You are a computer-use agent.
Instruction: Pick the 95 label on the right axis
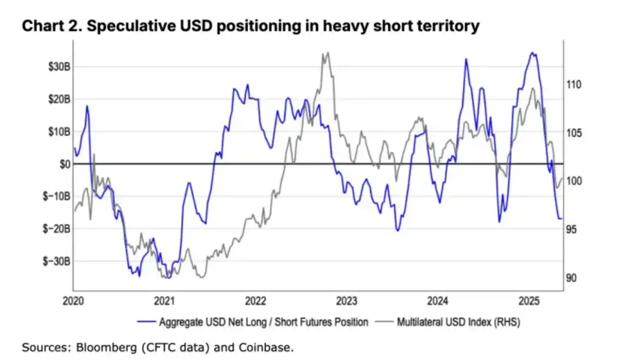click(x=572, y=230)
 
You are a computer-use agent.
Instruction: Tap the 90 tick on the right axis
click(x=572, y=278)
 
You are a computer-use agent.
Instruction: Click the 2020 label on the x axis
click(x=74, y=301)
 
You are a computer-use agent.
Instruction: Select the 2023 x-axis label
click(x=347, y=301)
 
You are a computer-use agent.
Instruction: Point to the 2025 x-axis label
click(x=529, y=301)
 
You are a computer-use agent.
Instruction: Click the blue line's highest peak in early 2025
click(x=532, y=53)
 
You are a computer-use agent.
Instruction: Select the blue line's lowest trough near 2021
click(x=168, y=278)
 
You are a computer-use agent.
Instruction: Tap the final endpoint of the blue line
click(x=562, y=219)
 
